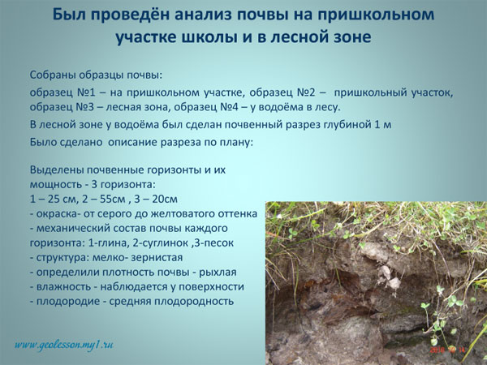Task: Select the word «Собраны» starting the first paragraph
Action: [x=52, y=75]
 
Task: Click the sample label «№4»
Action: [x=231, y=107]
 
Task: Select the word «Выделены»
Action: [x=56, y=170]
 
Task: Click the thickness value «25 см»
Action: [x=60, y=199]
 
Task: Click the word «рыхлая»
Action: [x=218, y=273]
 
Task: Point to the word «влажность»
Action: [x=63, y=287]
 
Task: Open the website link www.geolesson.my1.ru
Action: [x=63, y=345]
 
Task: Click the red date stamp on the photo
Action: [x=446, y=350]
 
